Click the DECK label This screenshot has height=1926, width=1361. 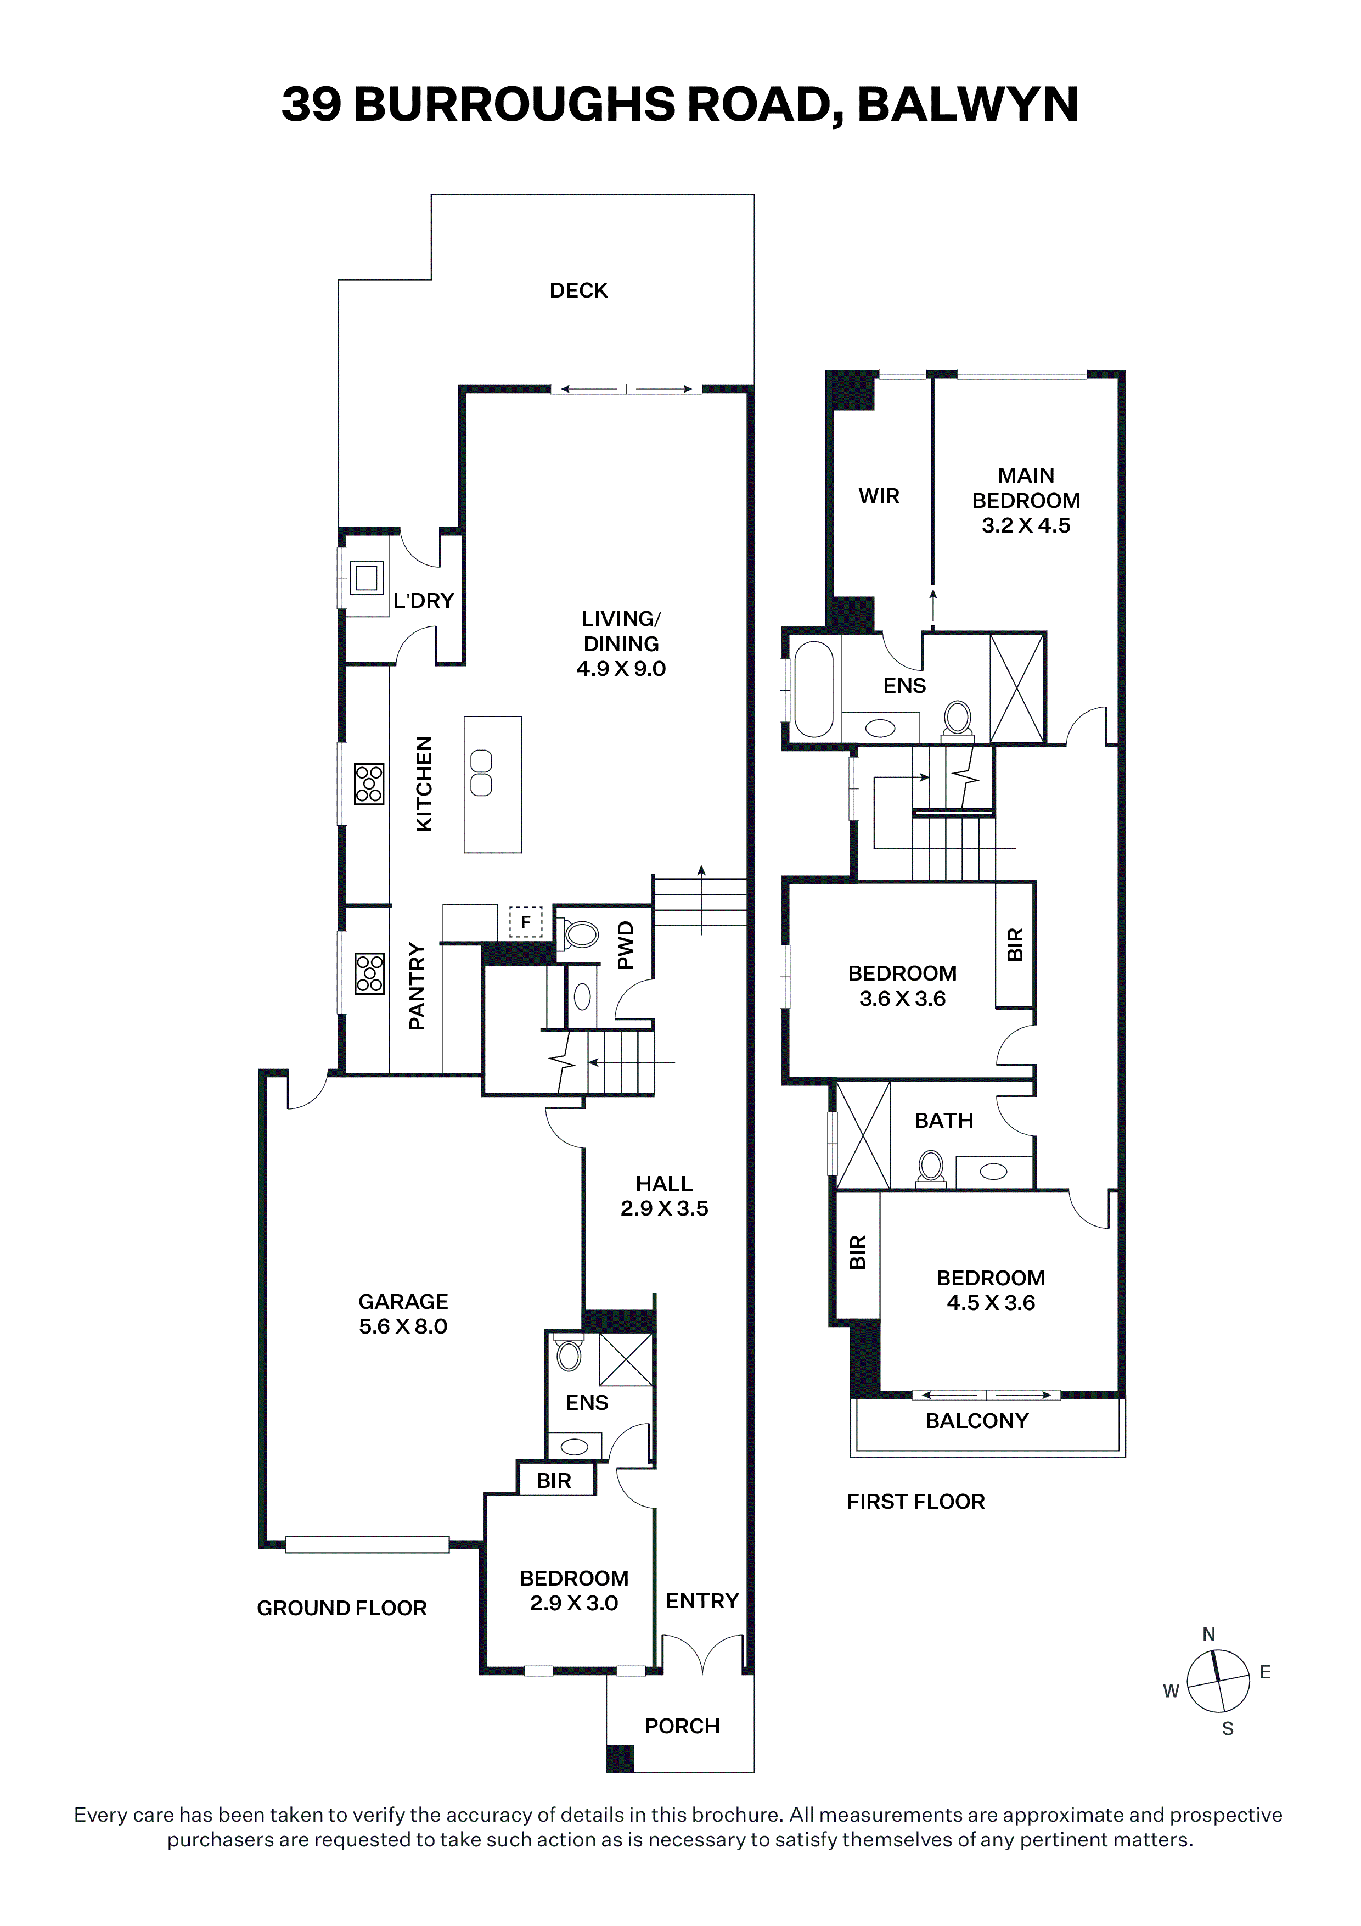coord(578,290)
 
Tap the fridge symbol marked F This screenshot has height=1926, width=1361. coord(526,922)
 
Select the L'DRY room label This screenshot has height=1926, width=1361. coord(424,601)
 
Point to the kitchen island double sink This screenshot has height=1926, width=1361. coord(481,772)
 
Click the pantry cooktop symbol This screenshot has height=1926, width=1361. coord(369,973)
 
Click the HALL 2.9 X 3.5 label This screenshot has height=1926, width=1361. coord(664,1195)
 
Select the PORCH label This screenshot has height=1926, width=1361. coord(682,1726)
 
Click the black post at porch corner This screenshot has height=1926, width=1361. coord(620,1757)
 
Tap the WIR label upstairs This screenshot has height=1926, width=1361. coord(879,496)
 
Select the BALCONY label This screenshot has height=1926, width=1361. coord(977,1420)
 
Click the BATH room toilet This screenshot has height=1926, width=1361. coord(931,1168)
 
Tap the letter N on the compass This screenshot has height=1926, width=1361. coord(1208,1633)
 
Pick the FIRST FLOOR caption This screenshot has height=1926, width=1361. coord(916,1502)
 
